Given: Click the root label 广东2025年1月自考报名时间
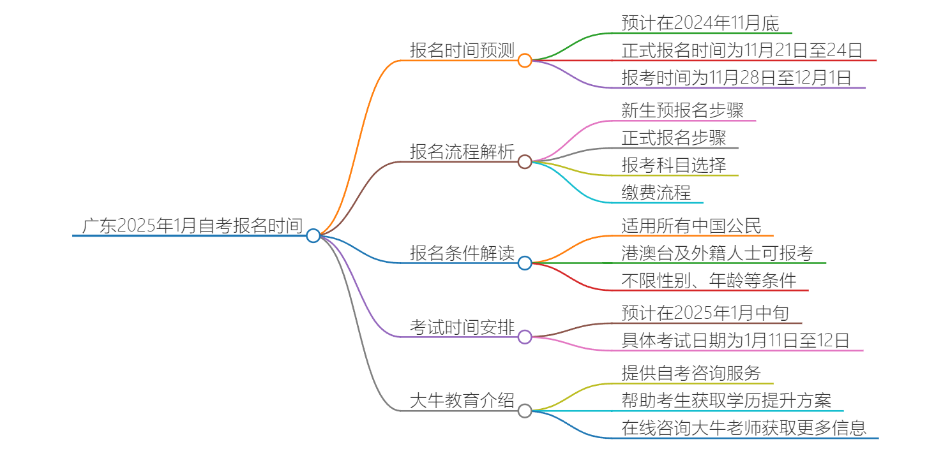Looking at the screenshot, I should (192, 225).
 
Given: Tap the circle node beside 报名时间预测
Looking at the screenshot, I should (525, 61).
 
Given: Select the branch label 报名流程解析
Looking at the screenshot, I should (462, 152).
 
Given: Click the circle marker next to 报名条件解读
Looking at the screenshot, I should (525, 263).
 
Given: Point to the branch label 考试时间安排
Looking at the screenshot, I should (462, 327).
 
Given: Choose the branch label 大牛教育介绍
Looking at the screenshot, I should (462, 401).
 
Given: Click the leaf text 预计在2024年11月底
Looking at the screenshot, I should (700, 24).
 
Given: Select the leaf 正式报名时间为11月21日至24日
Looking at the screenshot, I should (743, 50).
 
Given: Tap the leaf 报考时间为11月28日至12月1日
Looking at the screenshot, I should (737, 78).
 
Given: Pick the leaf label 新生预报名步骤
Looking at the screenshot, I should (682, 110).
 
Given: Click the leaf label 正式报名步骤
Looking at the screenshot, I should (674, 138).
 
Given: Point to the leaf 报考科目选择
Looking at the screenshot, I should (674, 165).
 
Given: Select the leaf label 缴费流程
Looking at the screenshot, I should (656, 193).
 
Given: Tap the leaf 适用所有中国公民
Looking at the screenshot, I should (691, 226).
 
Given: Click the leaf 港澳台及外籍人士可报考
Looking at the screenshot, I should (718, 253).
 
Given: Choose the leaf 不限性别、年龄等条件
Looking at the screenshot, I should (709, 281).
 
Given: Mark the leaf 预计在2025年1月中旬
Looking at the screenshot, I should (705, 313).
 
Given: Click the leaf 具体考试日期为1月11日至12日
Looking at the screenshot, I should (735, 341).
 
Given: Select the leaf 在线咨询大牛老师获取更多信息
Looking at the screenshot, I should (744, 428).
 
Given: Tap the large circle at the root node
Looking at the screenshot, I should (313, 236).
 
